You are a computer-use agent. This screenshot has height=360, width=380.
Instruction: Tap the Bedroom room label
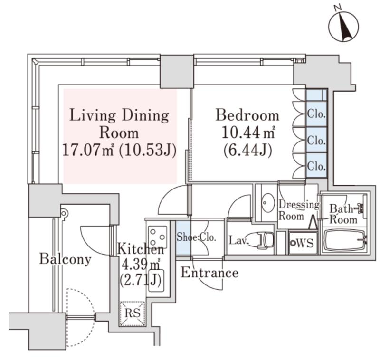[247, 115]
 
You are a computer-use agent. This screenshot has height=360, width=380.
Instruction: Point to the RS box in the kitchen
[132, 314]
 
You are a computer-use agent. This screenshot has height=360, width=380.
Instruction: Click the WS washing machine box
[303, 244]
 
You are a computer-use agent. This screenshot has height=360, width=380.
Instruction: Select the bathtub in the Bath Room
[344, 241]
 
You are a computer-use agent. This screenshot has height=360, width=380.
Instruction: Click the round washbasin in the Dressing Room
[267, 203]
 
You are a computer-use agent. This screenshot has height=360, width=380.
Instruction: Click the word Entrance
[209, 273]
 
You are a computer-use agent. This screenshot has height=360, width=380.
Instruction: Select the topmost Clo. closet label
[316, 114]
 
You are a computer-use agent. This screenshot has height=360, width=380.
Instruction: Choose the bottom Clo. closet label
[316, 166]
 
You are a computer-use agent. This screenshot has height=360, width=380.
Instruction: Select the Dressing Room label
[298, 210]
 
